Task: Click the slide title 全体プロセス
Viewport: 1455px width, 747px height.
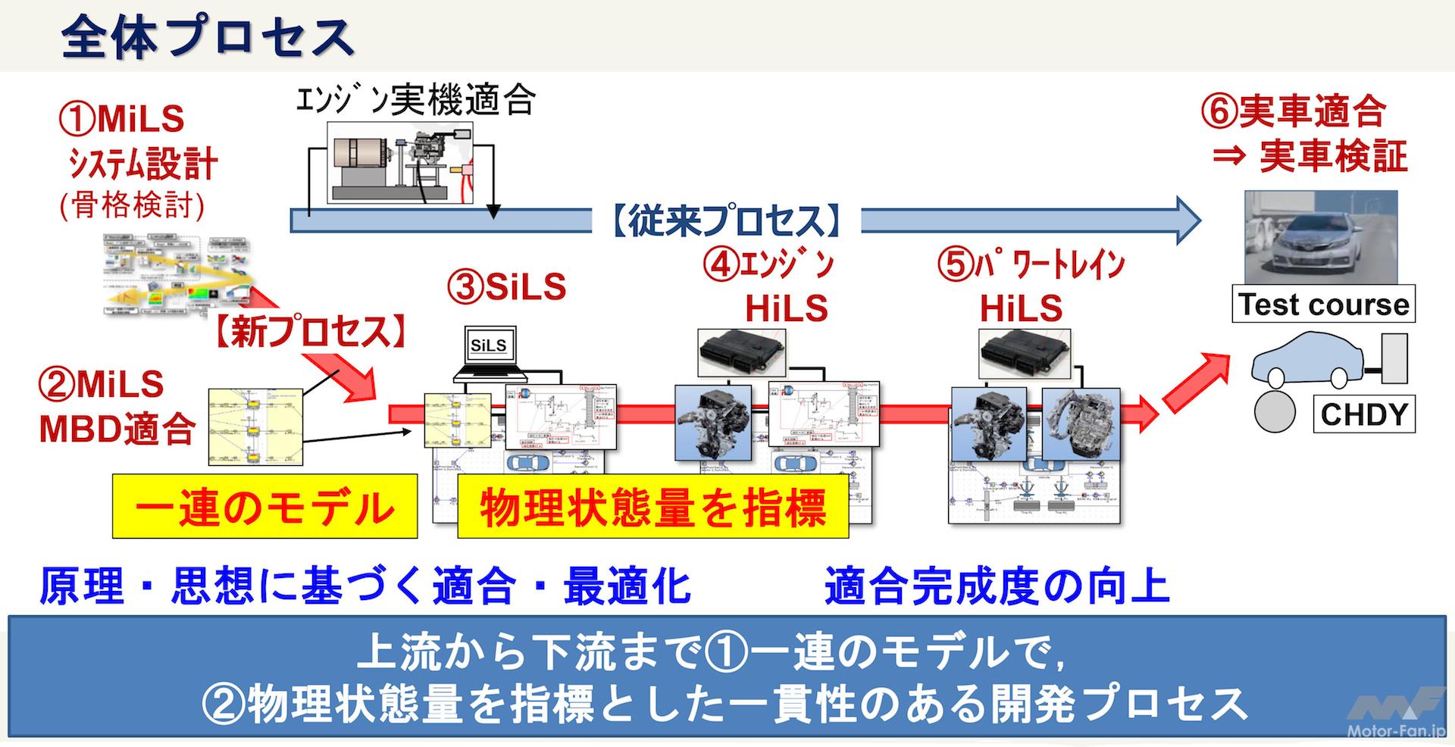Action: [x=206, y=36]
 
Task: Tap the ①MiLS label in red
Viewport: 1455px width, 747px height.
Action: [x=121, y=119]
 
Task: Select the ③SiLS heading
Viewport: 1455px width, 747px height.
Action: [x=507, y=288]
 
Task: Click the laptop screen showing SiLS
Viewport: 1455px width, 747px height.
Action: [x=489, y=346]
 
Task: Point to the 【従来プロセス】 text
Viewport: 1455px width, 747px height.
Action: [x=725, y=221]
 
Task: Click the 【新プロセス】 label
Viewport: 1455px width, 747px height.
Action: [x=308, y=332]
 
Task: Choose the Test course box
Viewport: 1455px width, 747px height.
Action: [x=1323, y=305]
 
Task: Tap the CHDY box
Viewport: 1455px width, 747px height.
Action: [x=1364, y=414]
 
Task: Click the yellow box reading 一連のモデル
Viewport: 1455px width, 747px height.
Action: [x=264, y=506]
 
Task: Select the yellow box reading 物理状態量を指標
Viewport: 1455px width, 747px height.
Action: [x=652, y=506]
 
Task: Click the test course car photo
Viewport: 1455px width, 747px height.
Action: [x=1321, y=236]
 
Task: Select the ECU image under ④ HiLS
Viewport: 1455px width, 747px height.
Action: [x=741, y=352]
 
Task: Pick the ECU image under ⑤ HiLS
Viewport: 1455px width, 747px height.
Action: [x=1024, y=352]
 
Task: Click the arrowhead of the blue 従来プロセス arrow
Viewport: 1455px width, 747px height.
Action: [x=1186, y=220]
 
